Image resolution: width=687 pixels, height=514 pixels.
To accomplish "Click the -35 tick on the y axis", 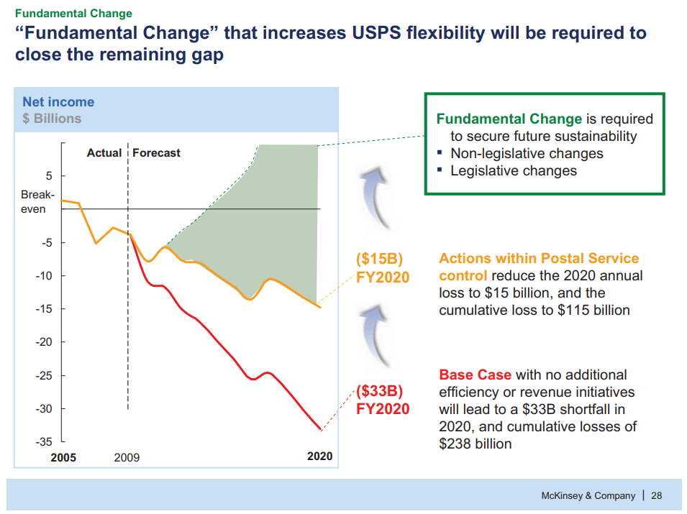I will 44,442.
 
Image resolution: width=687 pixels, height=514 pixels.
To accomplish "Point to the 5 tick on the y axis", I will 48,175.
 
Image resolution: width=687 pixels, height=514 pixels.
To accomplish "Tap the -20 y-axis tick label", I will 44,342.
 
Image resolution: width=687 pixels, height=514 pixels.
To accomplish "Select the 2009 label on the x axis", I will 127,457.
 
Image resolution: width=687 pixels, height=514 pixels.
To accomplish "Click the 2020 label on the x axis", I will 319,456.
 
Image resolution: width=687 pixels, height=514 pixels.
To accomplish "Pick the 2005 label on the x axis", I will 63,457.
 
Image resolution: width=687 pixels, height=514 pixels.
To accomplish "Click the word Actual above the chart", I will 104,153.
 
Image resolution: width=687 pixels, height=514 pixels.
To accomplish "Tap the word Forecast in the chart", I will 156,153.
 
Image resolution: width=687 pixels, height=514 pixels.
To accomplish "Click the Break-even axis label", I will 33,202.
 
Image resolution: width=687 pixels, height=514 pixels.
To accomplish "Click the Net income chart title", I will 58,102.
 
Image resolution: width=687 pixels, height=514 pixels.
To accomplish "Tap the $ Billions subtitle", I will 52,119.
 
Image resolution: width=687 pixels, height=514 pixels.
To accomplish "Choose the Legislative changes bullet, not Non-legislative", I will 513,171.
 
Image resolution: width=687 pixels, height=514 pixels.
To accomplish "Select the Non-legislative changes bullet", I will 527,154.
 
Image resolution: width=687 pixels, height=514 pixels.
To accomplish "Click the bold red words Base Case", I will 475,375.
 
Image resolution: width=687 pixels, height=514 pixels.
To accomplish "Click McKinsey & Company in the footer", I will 588,495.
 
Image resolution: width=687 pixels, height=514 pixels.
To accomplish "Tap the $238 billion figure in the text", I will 476,444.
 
